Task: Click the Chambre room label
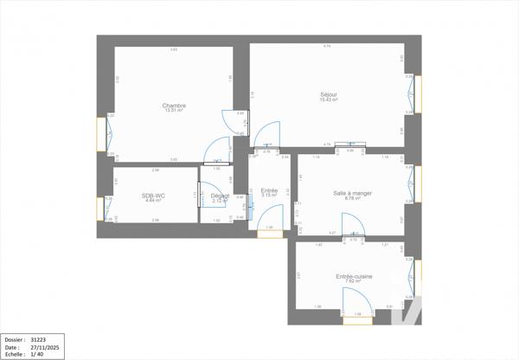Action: (x=174, y=106)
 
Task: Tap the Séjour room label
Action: (x=328, y=94)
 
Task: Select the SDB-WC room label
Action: (x=154, y=195)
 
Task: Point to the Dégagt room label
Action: (x=221, y=195)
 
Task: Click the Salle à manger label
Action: (x=352, y=193)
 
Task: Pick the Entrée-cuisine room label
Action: (x=354, y=275)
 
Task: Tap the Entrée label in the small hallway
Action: (x=269, y=190)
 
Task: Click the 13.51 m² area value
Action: (x=174, y=111)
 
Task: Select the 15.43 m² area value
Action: (x=328, y=100)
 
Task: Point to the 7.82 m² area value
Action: (x=354, y=281)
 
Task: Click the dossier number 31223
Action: (x=39, y=340)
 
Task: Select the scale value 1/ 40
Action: (x=36, y=354)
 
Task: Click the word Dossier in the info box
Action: (x=14, y=340)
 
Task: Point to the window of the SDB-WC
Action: (x=100, y=208)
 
